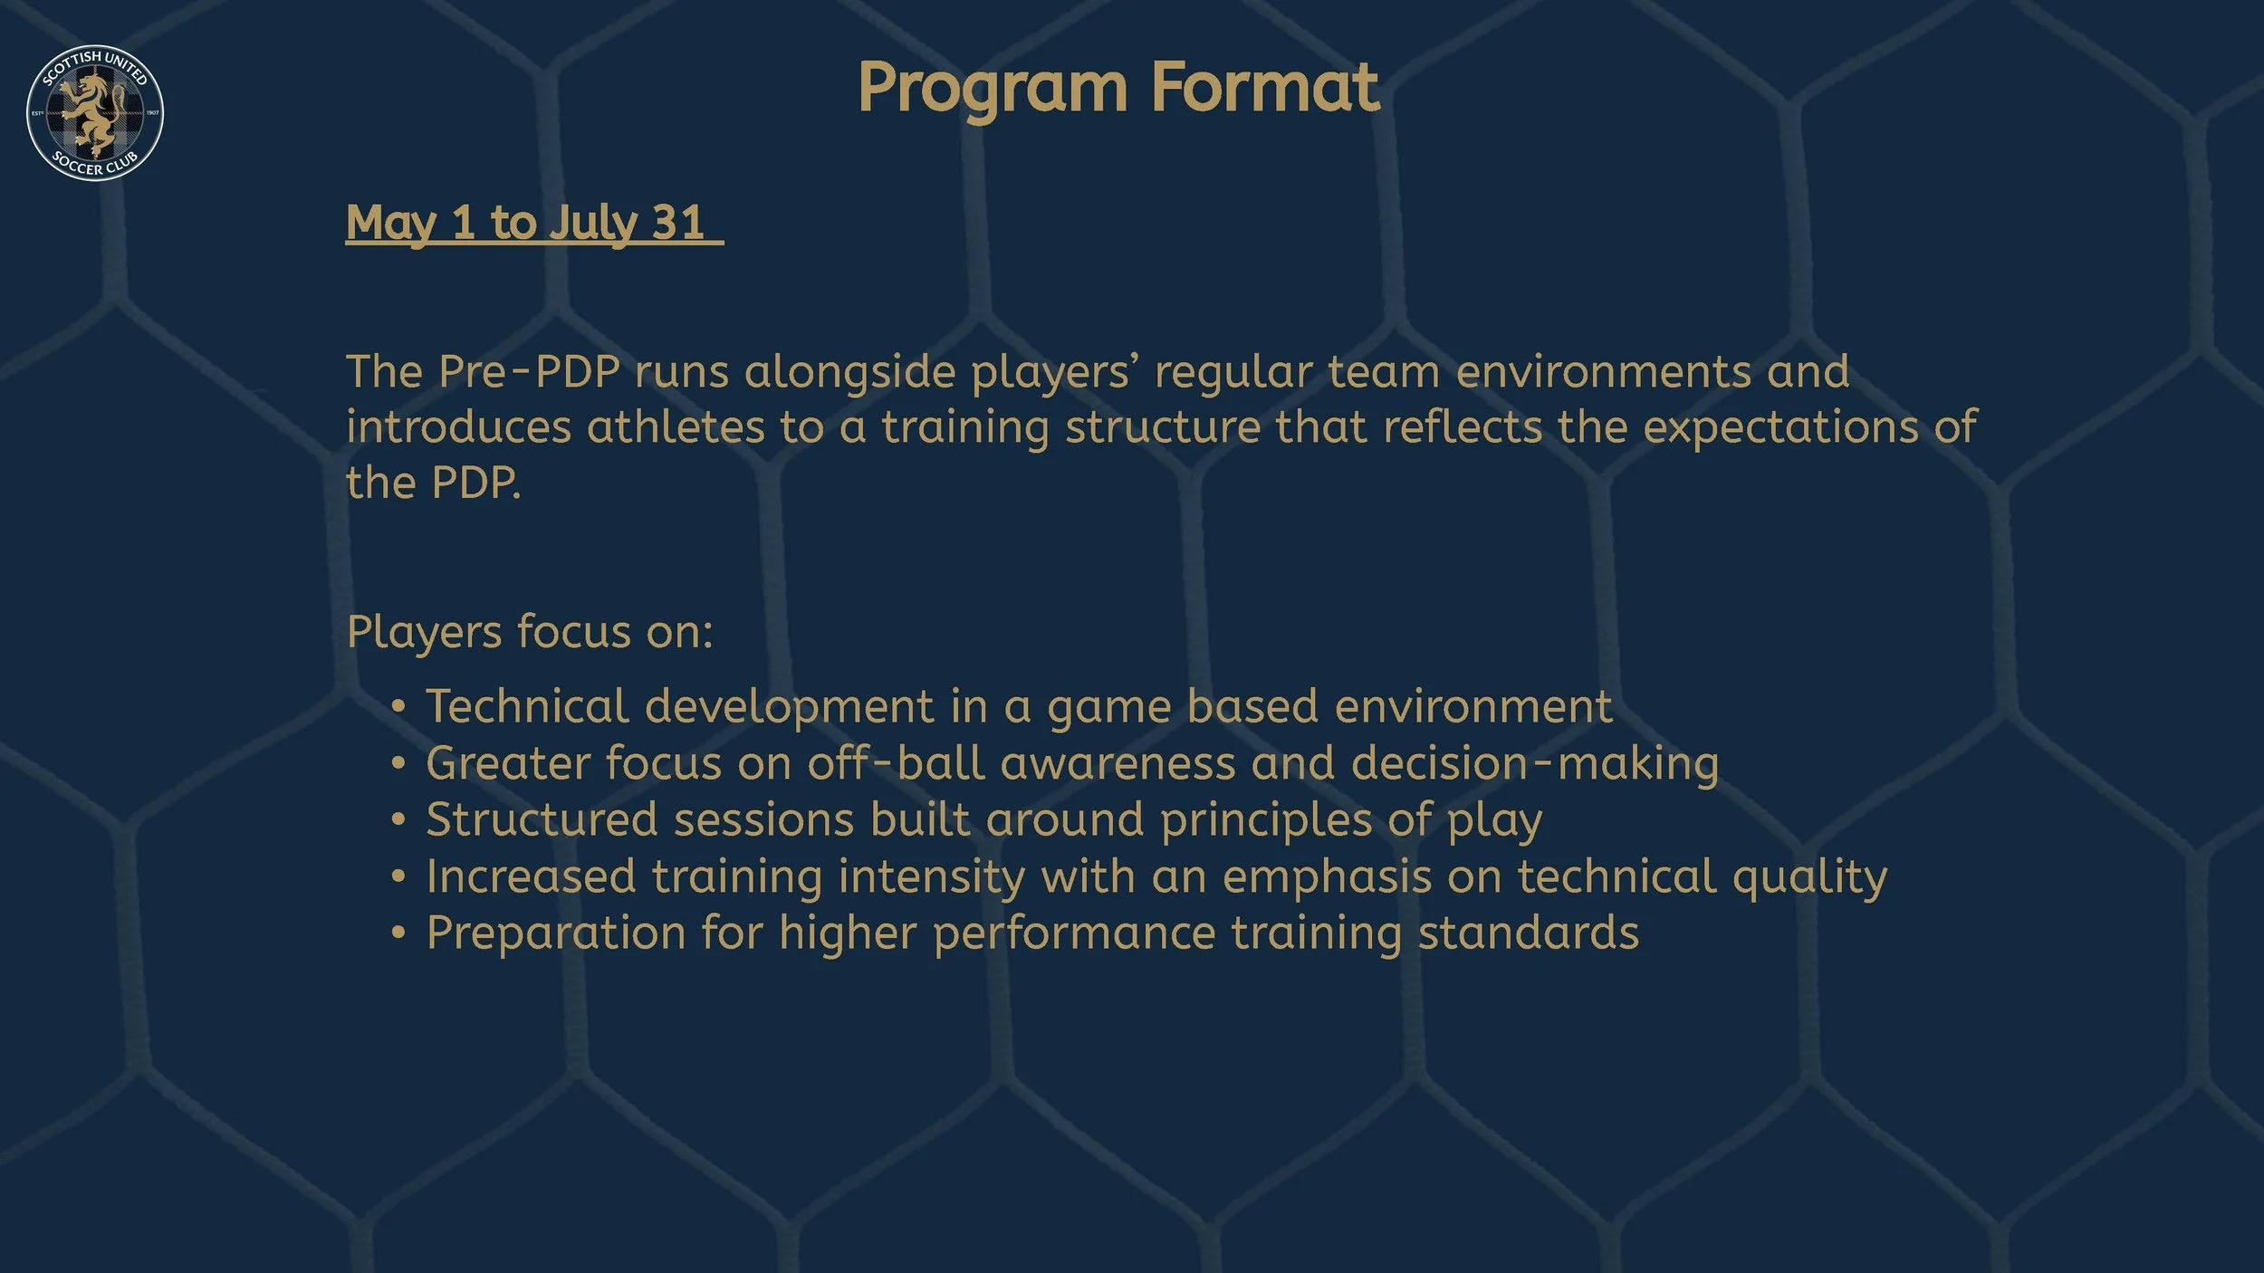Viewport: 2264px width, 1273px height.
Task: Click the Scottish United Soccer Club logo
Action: pyautogui.click(x=95, y=112)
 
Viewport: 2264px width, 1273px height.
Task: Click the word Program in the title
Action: pyautogui.click(x=993, y=89)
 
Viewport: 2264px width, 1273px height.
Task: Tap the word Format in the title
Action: pyautogui.click(x=1265, y=89)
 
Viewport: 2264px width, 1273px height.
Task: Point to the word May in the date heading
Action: pyautogui.click(x=391, y=223)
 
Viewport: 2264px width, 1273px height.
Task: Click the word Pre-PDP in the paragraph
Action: pyautogui.click(x=529, y=372)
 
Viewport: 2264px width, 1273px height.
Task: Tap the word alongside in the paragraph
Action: pyautogui.click(x=849, y=372)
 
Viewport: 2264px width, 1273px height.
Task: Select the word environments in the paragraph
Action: pyautogui.click(x=1603, y=372)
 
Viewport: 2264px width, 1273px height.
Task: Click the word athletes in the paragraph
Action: pyautogui.click(x=676, y=427)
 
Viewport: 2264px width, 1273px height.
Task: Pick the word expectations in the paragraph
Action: pyautogui.click(x=1780, y=427)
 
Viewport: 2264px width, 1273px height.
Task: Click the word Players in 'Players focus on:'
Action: pyautogui.click(x=424, y=632)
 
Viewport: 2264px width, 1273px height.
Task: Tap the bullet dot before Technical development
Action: pyautogui.click(x=398, y=707)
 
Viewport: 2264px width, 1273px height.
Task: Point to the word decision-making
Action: pyautogui.click(x=1535, y=763)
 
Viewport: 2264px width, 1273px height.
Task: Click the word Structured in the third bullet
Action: pyautogui.click(x=542, y=820)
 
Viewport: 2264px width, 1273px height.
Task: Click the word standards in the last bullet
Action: pyautogui.click(x=1528, y=933)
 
